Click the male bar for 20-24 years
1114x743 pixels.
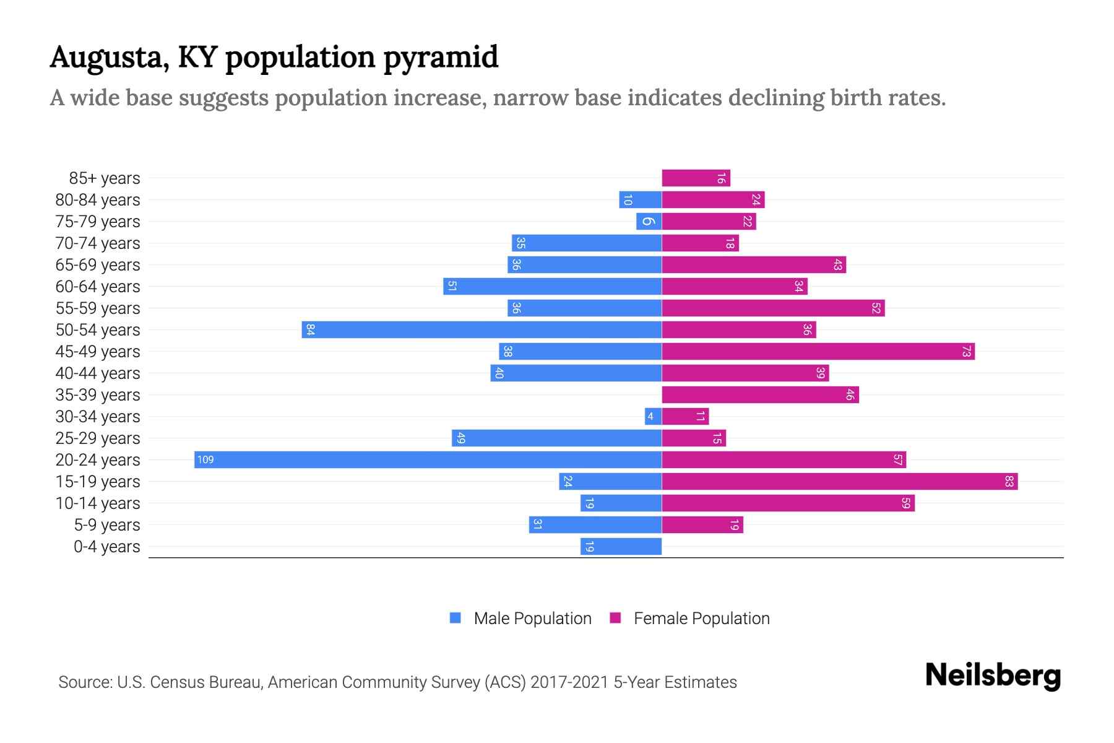(x=428, y=459)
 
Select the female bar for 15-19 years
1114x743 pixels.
(x=840, y=481)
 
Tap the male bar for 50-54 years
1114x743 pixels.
(x=481, y=329)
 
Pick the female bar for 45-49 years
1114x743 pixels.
(x=818, y=351)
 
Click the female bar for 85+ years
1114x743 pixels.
(x=696, y=178)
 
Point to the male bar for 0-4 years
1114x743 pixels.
(x=621, y=546)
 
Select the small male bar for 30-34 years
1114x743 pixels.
(x=653, y=416)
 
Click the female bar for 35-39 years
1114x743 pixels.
(x=760, y=394)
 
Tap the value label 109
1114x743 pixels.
(x=205, y=459)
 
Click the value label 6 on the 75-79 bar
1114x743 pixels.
(x=647, y=221)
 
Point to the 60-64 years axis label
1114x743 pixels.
(x=98, y=287)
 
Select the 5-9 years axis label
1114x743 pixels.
(x=106, y=525)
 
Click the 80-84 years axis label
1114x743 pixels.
(x=98, y=200)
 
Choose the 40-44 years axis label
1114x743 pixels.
(x=98, y=373)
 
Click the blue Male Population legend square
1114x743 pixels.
(x=456, y=618)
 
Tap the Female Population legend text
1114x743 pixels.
(x=701, y=618)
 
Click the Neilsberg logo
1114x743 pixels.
(x=993, y=676)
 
